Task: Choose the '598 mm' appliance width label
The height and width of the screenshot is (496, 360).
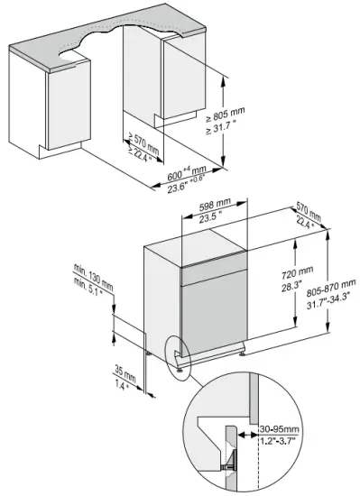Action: pos(217,205)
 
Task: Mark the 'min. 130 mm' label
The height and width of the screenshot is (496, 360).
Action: pos(94,272)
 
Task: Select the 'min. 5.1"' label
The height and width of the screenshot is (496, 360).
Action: pos(92,288)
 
